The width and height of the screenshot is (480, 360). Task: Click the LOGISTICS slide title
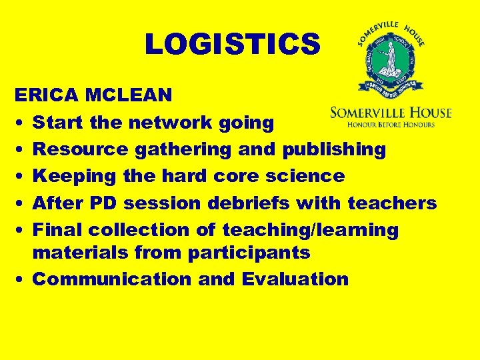point(233,44)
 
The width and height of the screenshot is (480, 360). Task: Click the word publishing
point(334,149)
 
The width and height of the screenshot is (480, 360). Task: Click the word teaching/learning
point(310,229)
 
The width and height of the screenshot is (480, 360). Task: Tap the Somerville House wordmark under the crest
point(391,113)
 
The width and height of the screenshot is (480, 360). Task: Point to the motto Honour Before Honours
point(391,124)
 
